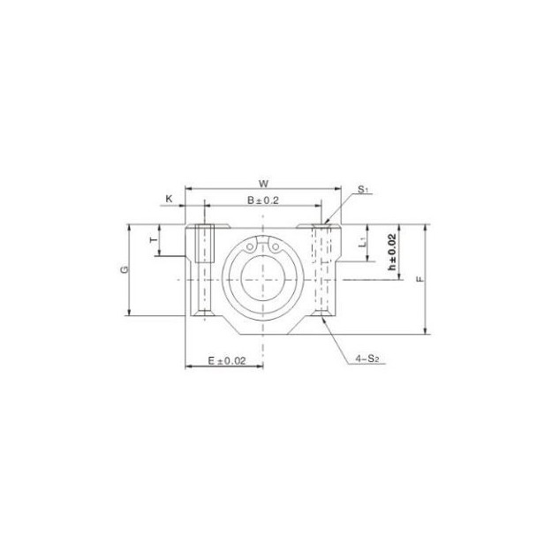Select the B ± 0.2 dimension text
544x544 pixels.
(262, 200)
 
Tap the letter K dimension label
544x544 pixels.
(169, 200)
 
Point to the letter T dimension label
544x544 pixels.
(151, 239)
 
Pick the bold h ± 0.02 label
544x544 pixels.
(391, 251)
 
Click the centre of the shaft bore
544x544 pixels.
(262, 278)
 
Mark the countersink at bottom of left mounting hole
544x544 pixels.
(204, 311)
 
